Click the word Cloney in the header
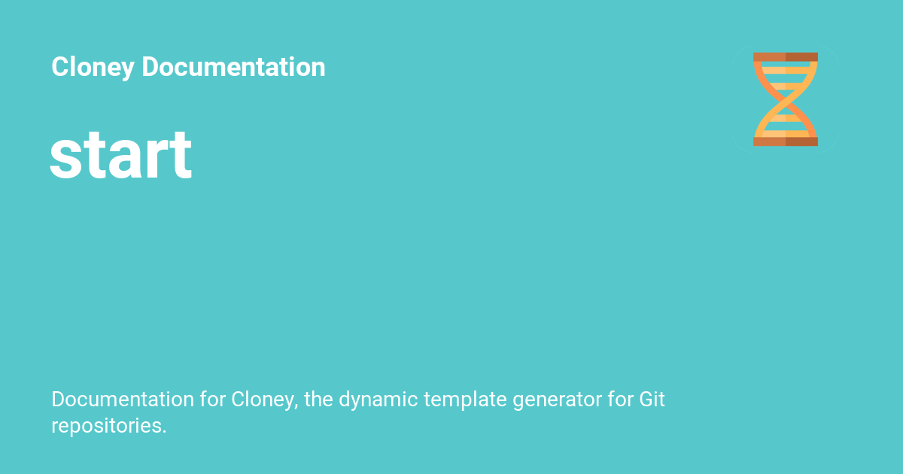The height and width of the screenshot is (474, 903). click(93, 68)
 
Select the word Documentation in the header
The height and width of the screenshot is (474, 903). click(233, 68)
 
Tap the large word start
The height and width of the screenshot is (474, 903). click(121, 155)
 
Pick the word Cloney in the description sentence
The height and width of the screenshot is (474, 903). click(264, 400)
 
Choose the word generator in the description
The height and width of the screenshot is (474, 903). click(557, 400)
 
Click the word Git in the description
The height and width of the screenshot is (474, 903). click(652, 399)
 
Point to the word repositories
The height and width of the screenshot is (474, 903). click(106, 425)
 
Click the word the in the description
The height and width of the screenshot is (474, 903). click(318, 399)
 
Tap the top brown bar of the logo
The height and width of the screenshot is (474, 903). click(786, 57)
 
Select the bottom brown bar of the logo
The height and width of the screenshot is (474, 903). click(786, 141)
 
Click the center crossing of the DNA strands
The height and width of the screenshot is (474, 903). click(786, 99)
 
